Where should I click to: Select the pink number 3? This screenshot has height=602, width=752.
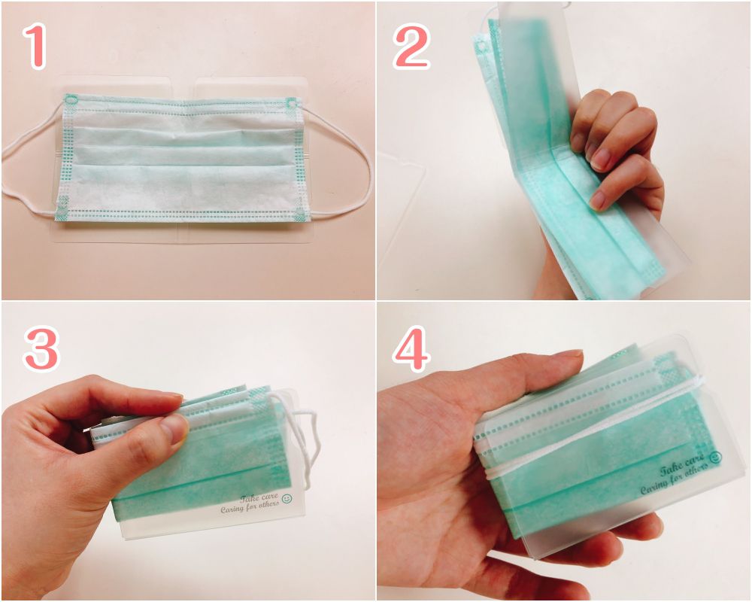[41, 348]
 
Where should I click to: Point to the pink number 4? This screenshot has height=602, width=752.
[411, 348]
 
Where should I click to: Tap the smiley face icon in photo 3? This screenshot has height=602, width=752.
[287, 499]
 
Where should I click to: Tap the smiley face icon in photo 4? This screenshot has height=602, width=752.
[716, 455]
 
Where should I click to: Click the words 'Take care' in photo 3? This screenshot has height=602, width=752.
[259, 498]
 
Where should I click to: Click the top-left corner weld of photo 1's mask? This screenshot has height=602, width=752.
[71, 101]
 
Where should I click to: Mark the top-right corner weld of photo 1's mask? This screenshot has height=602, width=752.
[291, 103]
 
